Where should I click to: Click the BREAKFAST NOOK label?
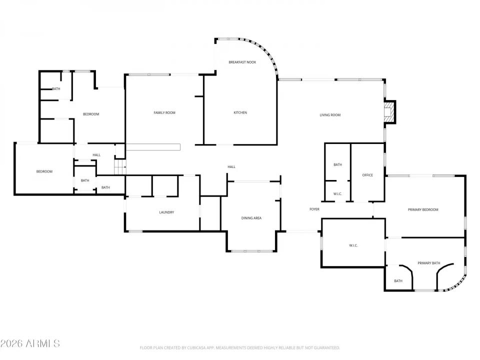click(242, 62)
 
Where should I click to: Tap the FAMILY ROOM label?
click(164, 113)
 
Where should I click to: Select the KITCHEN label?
click(240, 113)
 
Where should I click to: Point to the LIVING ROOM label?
click(330, 115)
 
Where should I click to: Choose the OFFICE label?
click(367, 175)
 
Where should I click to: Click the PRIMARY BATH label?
click(428, 263)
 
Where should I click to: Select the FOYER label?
click(314, 209)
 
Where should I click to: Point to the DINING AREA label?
click(251, 218)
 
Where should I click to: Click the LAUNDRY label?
click(166, 212)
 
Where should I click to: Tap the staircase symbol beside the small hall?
click(120, 167)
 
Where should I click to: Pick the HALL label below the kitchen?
click(231, 167)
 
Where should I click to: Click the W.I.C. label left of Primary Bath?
click(353, 245)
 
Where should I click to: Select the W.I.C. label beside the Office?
click(337, 194)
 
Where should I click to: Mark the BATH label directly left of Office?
click(337, 165)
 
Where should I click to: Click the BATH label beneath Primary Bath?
click(398, 281)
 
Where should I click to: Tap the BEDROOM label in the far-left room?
click(44, 172)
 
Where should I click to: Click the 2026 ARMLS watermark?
click(30, 343)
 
